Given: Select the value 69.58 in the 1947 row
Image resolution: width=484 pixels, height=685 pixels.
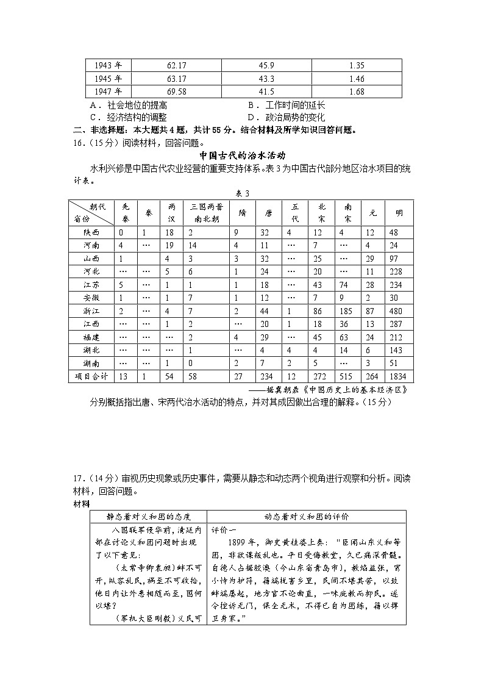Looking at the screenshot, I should (176, 91).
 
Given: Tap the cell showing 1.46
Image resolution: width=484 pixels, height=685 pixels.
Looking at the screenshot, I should (357, 79).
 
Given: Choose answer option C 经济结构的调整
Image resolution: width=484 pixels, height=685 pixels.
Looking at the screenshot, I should (128, 117).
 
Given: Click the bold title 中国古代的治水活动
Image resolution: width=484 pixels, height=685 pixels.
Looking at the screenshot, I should (243, 156).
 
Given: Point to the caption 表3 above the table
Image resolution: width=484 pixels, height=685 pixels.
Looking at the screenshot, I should (242, 193).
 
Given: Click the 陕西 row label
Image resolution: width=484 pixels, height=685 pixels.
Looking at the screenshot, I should (91, 232).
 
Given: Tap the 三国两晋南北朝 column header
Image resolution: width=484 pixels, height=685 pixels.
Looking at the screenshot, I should (205, 213).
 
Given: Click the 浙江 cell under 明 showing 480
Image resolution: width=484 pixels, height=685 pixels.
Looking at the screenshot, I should (399, 310).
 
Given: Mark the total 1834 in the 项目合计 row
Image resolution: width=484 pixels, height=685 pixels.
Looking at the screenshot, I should (399, 376).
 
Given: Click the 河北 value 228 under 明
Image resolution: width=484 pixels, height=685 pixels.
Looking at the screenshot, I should (399, 271).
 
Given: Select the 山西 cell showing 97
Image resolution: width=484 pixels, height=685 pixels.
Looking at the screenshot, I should (399, 259).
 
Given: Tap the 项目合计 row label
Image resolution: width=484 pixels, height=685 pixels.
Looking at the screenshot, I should (91, 376).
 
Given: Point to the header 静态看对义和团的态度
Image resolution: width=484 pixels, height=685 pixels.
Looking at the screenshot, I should (148, 516).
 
